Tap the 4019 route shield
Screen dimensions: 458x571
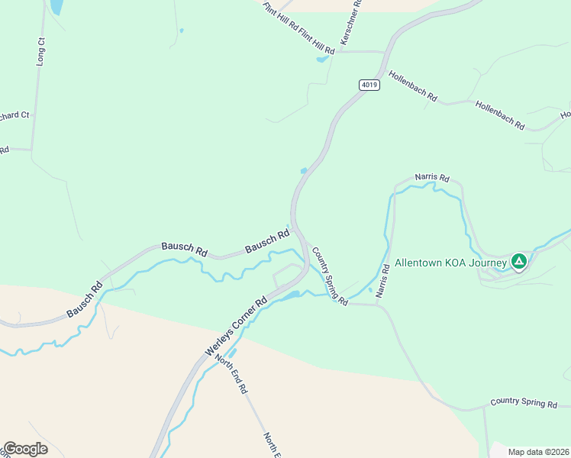tap(368, 85)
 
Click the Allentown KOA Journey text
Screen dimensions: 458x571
tap(450, 262)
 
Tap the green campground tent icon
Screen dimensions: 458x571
tap(518, 262)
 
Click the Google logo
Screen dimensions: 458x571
tap(25, 449)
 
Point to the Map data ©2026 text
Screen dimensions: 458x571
tap(537, 452)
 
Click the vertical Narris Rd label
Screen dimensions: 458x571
tap(385, 280)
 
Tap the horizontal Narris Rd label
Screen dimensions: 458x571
tap(432, 177)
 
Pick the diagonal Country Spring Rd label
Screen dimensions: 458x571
tap(330, 276)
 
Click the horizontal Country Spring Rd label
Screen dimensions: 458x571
tap(524, 402)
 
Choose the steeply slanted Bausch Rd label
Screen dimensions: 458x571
tap(84, 301)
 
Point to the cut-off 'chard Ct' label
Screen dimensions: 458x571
tap(14, 116)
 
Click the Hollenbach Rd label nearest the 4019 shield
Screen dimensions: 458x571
tap(412, 86)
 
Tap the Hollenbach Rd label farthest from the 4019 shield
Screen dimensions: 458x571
tap(500, 114)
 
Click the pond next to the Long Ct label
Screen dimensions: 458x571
tap(56, 7)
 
